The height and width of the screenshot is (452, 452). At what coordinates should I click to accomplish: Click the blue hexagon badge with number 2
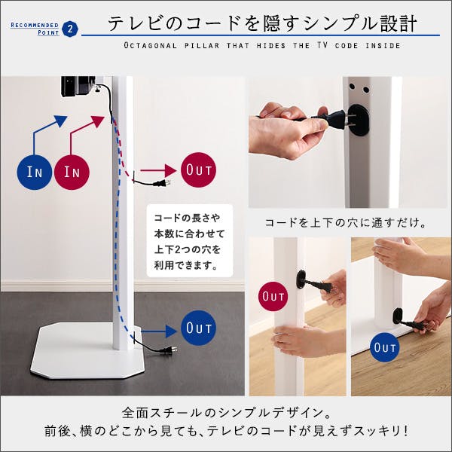70,29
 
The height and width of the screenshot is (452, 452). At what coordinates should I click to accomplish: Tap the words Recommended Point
35,29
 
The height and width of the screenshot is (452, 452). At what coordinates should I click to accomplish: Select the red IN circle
72,172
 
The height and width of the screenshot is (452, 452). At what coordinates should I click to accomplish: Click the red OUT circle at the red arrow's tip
198,168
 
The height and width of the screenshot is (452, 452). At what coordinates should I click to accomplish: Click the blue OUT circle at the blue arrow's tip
198,328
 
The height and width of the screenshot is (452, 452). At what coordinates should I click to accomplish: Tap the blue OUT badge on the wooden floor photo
385,347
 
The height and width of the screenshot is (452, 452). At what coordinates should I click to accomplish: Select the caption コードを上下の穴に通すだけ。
347,224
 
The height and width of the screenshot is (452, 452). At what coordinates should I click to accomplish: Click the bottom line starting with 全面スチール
226,413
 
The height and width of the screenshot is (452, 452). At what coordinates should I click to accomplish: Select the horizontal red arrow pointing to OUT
157,170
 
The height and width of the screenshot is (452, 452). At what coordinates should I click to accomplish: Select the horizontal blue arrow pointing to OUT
158,329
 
